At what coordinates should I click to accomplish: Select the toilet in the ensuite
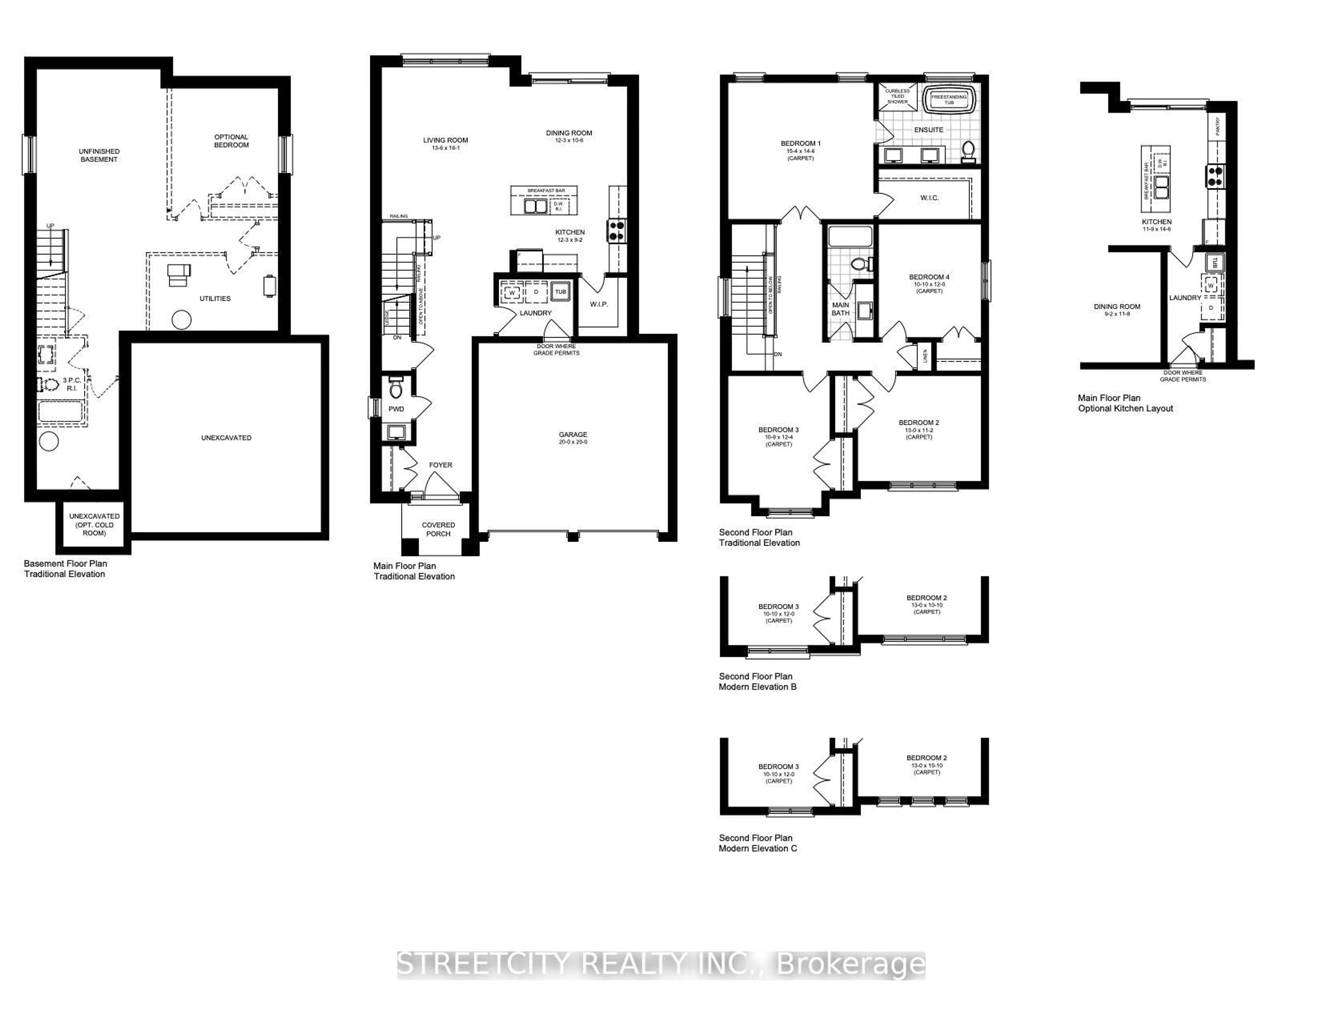click(968, 151)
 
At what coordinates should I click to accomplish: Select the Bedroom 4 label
click(929, 277)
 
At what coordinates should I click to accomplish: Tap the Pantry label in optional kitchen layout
click(1217, 127)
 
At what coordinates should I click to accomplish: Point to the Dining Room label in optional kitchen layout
click(1117, 307)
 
